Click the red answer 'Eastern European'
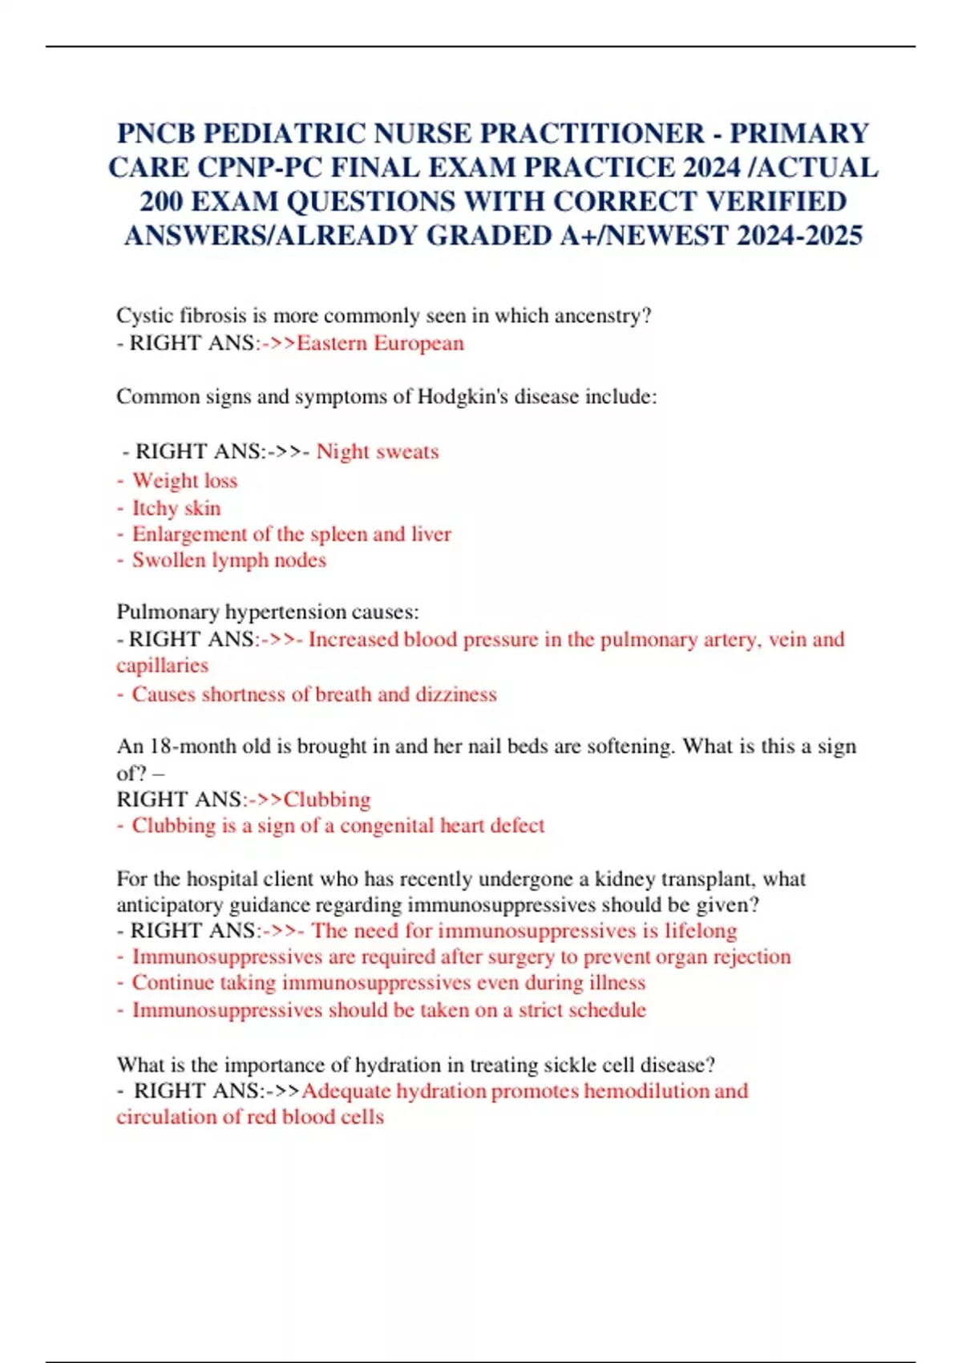380,343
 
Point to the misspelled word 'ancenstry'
598,316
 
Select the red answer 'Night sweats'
378,451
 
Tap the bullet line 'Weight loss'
184,480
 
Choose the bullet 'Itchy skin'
176,508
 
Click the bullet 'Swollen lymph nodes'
228,560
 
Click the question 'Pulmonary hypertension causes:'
268,612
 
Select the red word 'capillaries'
162,665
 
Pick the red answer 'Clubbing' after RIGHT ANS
327,799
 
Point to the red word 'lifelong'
700,931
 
